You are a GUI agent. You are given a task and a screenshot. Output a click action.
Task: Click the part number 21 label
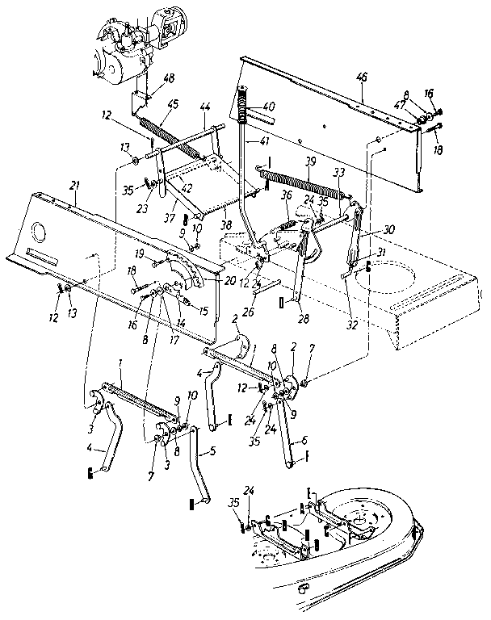74,186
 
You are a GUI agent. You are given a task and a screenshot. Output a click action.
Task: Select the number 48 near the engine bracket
168,78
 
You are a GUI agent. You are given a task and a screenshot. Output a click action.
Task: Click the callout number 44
205,107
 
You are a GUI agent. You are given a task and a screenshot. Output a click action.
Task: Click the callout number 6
304,441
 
